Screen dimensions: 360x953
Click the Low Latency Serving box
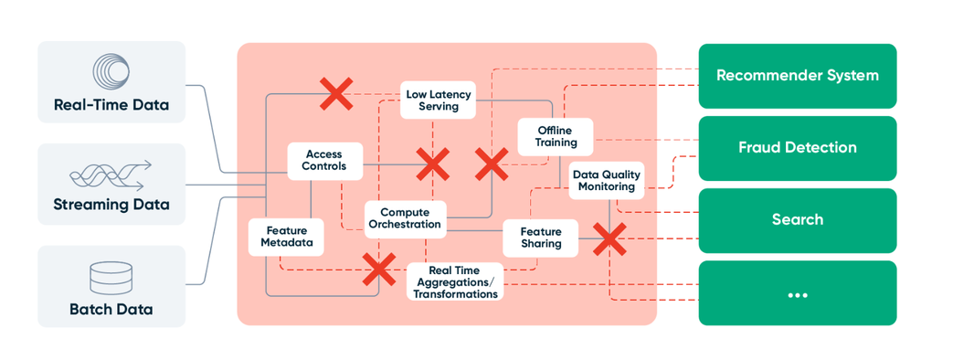(439, 100)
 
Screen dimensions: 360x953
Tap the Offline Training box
(556, 136)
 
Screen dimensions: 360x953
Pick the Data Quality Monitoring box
(607, 180)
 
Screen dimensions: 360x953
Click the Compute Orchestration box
(410, 218)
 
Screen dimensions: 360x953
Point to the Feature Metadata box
(286, 237)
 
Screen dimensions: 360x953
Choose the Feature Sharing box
(541, 238)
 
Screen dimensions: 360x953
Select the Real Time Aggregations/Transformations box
(454, 281)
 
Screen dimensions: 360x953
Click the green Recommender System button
(797, 76)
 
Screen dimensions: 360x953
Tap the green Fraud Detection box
(797, 148)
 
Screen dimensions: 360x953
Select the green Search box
(797, 220)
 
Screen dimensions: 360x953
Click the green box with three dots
(797, 293)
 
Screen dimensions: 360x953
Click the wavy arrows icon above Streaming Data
(111, 175)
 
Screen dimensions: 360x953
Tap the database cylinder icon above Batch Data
(111, 278)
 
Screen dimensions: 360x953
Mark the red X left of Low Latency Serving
(336, 93)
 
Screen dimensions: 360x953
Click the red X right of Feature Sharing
(609, 239)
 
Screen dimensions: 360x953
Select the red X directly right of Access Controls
(432, 164)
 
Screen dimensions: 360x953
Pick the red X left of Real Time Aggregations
(378, 269)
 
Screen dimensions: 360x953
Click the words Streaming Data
(111, 205)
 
